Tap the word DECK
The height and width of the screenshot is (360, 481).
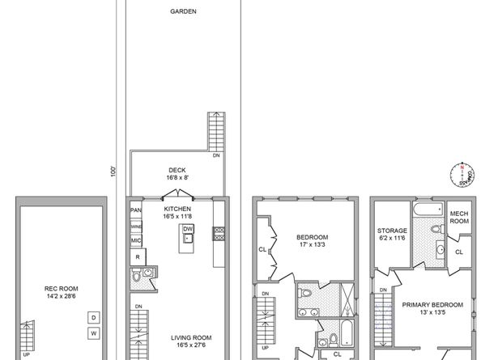pos(177,171)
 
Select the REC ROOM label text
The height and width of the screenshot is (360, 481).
pos(60,286)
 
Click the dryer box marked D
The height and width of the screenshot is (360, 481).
pos(93,317)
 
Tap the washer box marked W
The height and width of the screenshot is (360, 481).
pos(93,332)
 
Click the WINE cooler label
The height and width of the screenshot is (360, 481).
pos(136,227)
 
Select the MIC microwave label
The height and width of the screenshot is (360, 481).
pos(136,240)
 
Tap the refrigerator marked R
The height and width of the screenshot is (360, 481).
pos(138,257)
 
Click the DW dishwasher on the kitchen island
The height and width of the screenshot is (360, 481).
pos(187,229)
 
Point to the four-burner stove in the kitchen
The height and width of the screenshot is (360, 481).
pos(219,233)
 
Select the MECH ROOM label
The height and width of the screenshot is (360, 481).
pos(460,217)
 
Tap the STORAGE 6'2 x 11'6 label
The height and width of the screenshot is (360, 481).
pos(392,235)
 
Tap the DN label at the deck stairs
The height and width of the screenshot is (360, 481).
pos(216,155)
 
